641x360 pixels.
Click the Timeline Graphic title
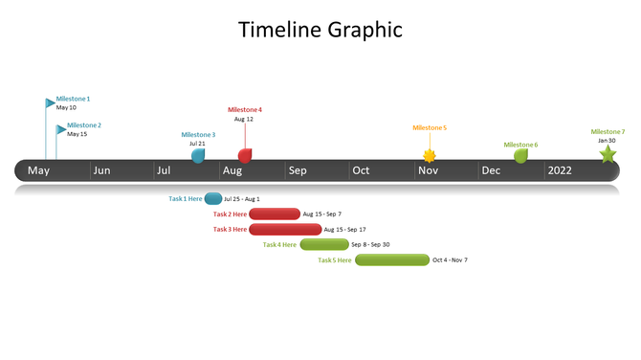(320, 30)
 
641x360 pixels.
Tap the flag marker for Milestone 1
(50, 102)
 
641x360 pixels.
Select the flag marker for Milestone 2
(61, 129)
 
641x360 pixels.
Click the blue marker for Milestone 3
(198, 155)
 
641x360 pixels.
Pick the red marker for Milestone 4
(245, 155)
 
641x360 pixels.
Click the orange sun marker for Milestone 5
(430, 155)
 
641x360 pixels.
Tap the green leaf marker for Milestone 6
(520, 155)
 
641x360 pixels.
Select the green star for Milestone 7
(607, 153)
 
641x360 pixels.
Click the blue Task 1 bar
(213, 199)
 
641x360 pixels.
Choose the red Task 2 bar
(275, 214)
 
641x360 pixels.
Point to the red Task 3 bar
(285, 230)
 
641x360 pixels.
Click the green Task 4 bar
(323, 245)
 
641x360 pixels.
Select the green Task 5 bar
(392, 260)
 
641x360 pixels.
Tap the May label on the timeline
(38, 170)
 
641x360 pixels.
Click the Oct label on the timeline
(361, 170)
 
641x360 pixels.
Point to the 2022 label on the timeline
(559, 170)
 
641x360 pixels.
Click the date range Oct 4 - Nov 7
(450, 260)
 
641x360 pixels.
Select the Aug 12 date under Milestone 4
(244, 120)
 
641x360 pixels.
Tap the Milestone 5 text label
(430, 127)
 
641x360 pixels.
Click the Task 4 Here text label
(279, 245)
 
